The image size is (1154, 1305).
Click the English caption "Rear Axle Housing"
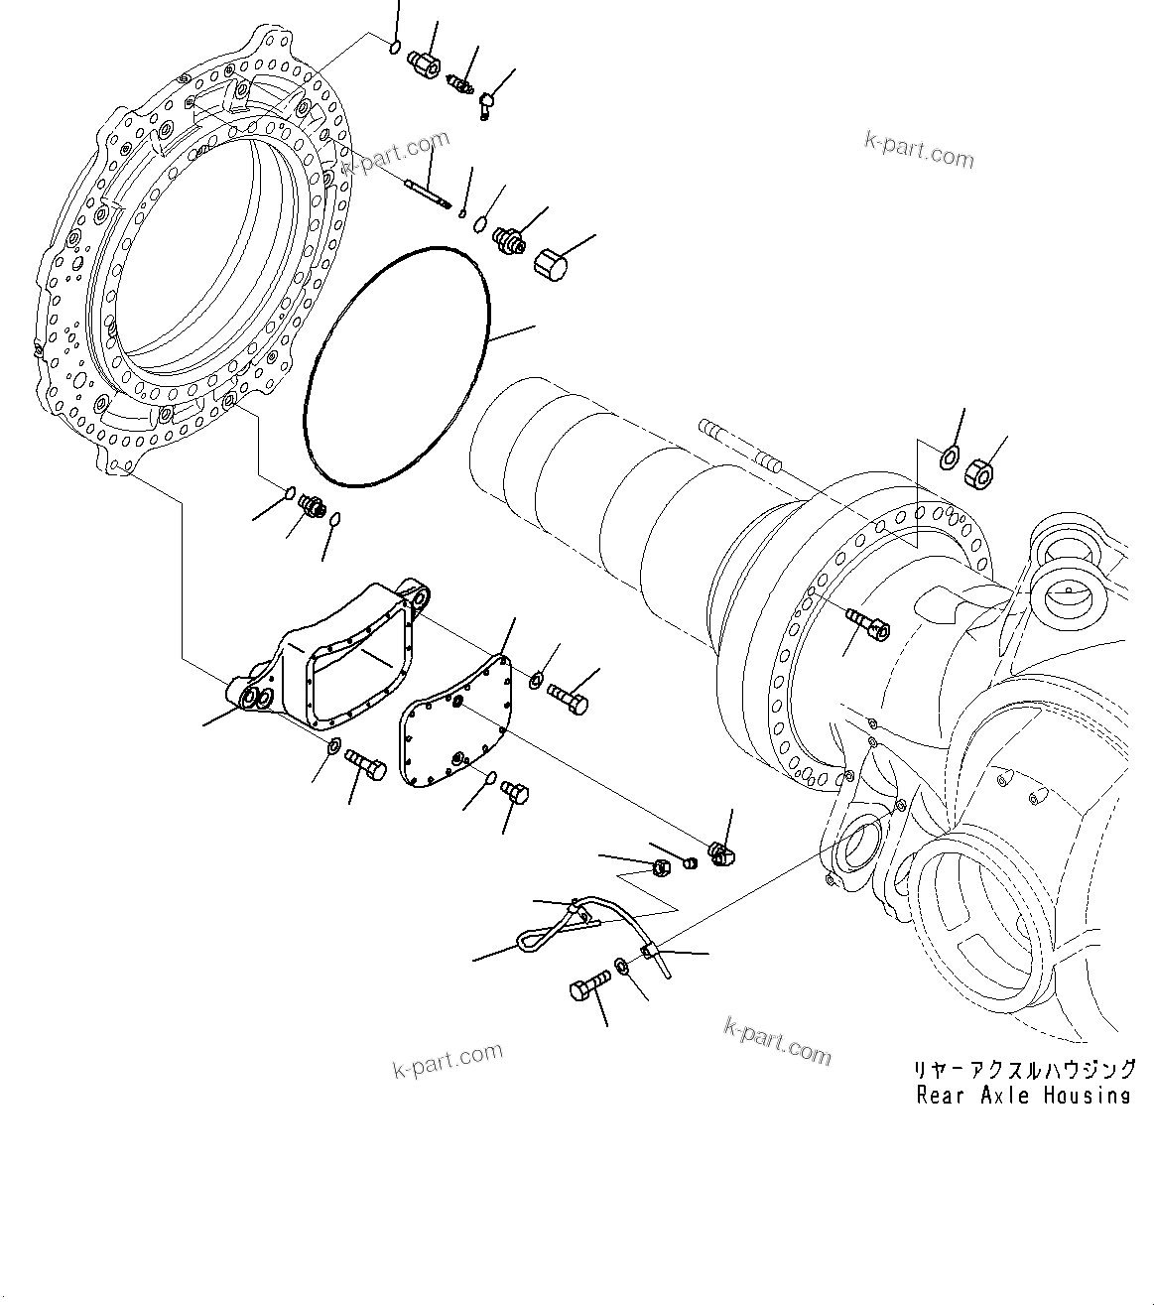pyautogui.click(x=1023, y=1096)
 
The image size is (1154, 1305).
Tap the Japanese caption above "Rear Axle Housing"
pyautogui.click(x=1023, y=1070)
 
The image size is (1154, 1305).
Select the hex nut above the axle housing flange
pyautogui.click(x=980, y=473)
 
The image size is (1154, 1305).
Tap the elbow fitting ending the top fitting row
pyautogui.click(x=487, y=103)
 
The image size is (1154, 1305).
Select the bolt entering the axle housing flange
pyautogui.click(x=868, y=623)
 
